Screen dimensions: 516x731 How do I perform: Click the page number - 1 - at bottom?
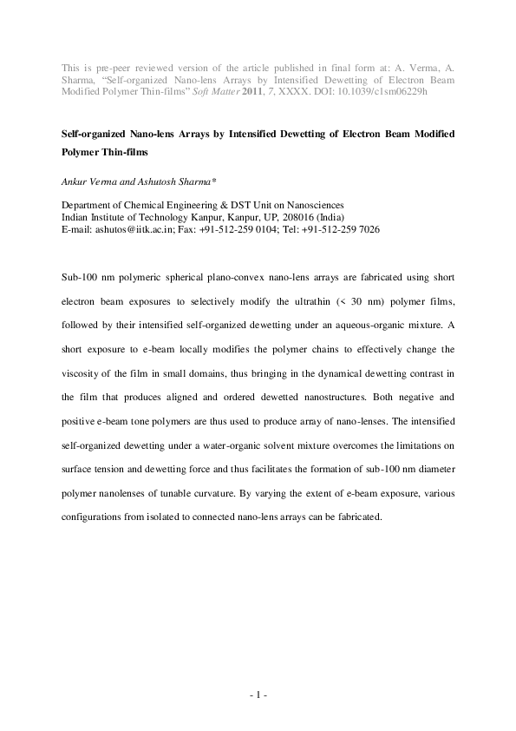click(x=258, y=695)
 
